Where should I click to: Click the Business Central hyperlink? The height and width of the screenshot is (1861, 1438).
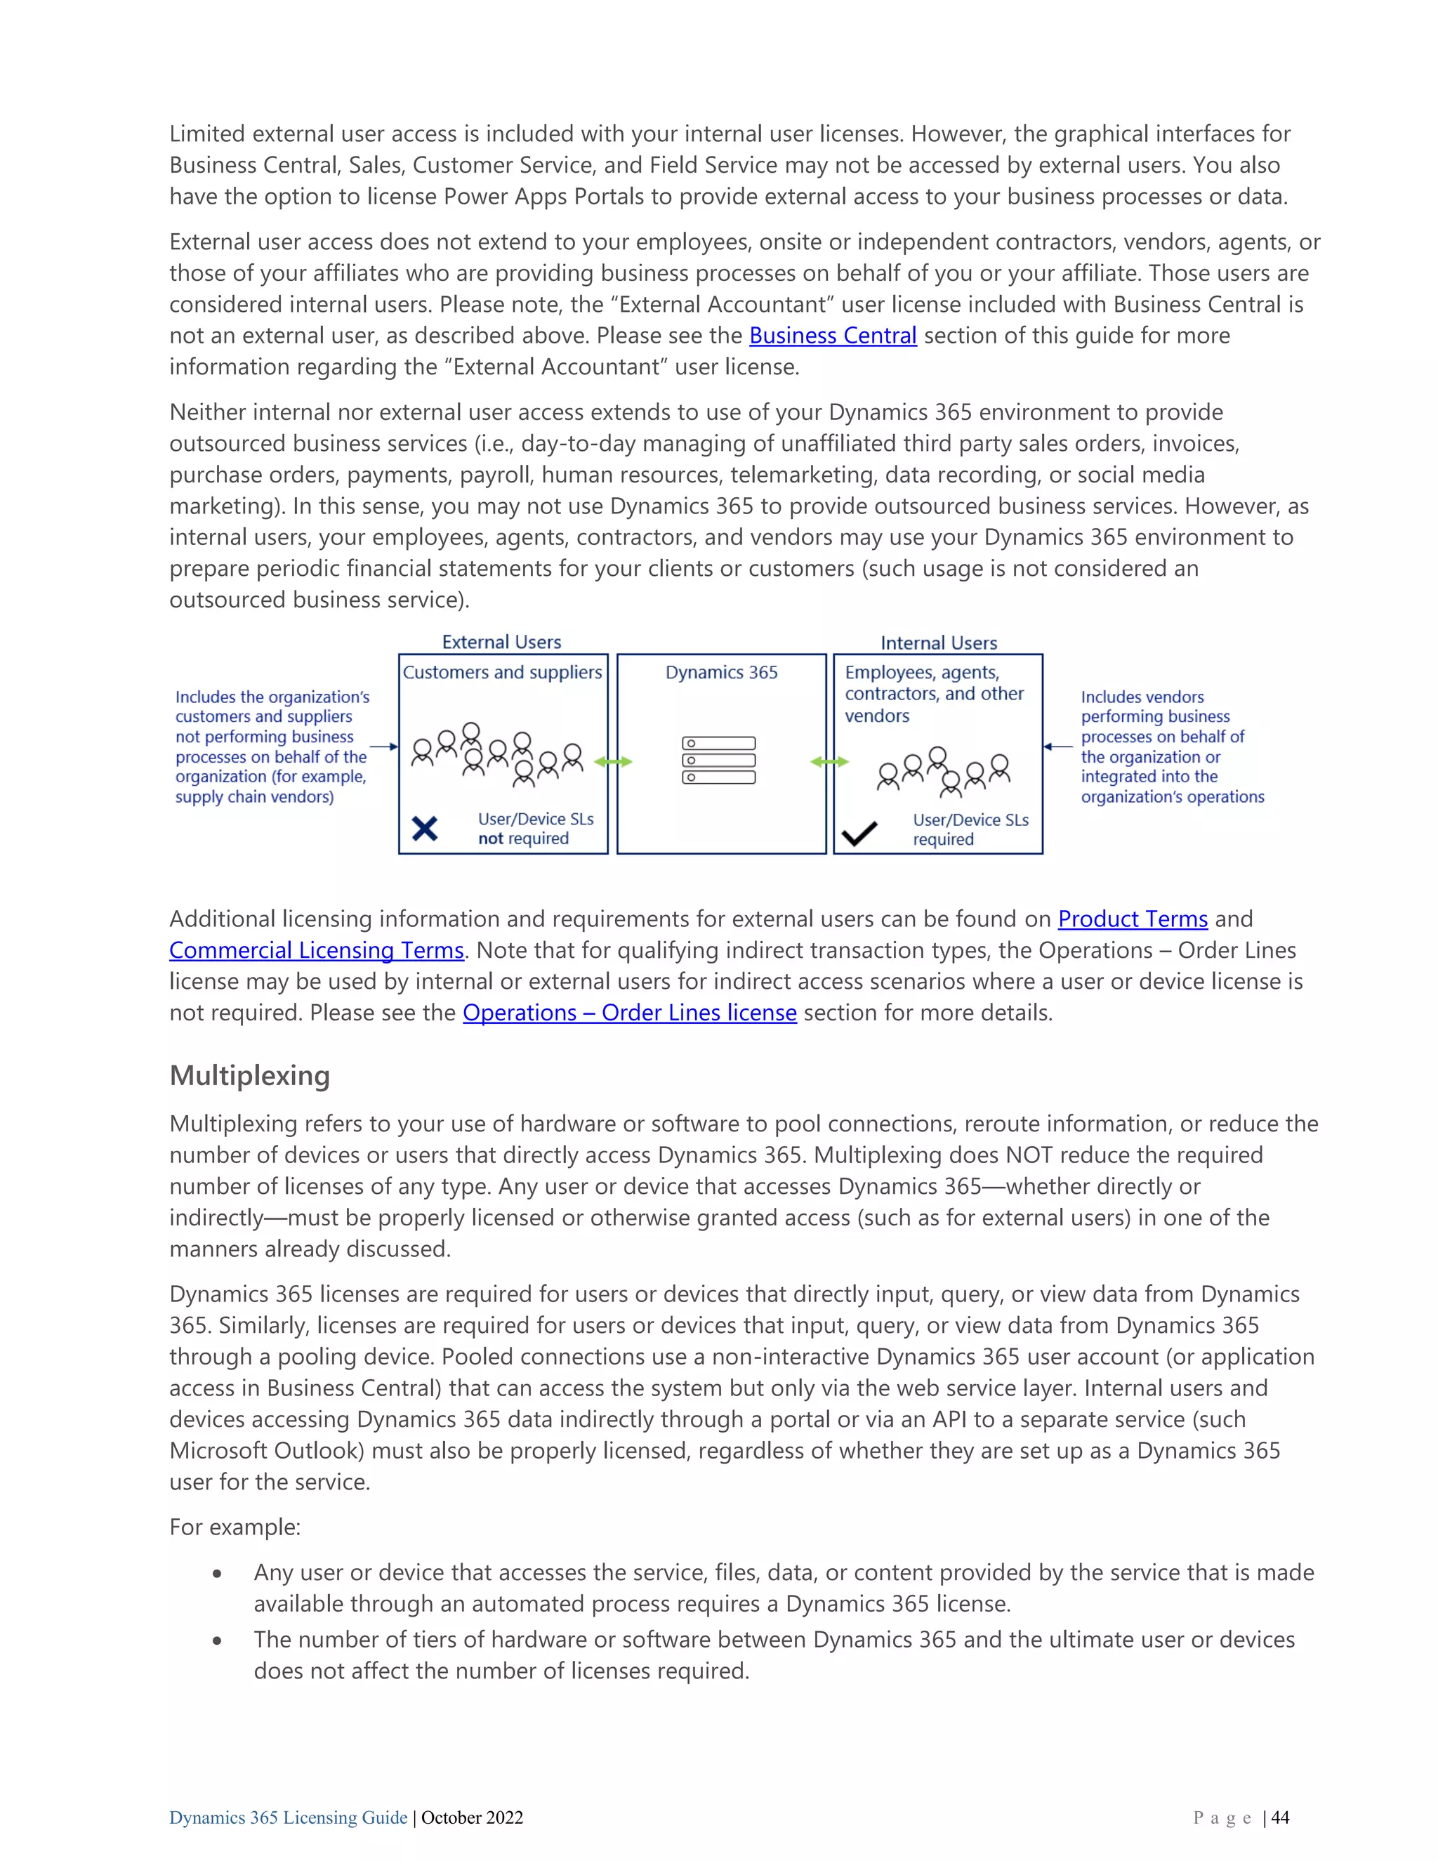[x=832, y=336]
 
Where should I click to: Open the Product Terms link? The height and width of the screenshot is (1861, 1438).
[x=1132, y=919]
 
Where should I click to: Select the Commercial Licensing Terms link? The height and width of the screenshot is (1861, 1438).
[x=316, y=950]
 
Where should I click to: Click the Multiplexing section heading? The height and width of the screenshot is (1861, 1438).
[x=249, y=1075]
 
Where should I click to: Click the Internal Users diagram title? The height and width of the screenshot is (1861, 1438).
[x=938, y=643]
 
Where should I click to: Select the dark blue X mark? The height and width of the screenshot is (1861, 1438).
[x=424, y=828]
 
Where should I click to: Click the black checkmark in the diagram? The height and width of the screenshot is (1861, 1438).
[x=859, y=832]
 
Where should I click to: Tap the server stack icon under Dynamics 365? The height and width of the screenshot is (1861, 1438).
[x=718, y=760]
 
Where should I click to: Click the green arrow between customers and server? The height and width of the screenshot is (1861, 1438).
[x=612, y=762]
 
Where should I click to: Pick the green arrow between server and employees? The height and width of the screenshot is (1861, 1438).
[x=829, y=762]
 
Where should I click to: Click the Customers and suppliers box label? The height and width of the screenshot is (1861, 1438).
[x=502, y=672]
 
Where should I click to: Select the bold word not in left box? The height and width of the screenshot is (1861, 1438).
[x=490, y=839]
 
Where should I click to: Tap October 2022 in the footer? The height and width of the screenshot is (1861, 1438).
[x=472, y=1817]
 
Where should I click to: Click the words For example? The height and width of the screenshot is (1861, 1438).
[x=235, y=1527]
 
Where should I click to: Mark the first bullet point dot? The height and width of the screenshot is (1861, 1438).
[x=218, y=1574]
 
